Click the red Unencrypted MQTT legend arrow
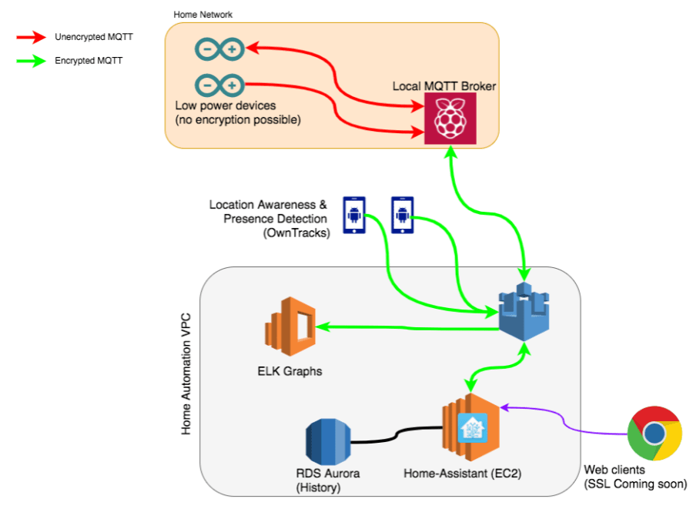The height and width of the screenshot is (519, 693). coord(31,37)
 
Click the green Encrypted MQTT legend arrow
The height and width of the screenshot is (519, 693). coord(31,62)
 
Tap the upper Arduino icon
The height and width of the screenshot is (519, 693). coord(219,51)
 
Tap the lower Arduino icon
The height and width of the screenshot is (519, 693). coord(219,85)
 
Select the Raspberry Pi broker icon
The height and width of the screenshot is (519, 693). coord(450,119)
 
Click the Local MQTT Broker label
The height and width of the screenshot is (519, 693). coord(444,85)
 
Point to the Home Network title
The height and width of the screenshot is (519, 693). coord(203,15)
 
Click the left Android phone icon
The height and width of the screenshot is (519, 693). coord(353,215)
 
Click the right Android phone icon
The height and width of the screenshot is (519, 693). coord(402,215)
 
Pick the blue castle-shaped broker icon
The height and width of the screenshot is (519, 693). coord(524,315)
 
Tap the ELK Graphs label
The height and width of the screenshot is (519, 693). coord(290,371)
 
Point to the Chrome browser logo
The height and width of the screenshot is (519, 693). coord(654,433)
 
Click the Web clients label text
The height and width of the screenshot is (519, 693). coord(616,469)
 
